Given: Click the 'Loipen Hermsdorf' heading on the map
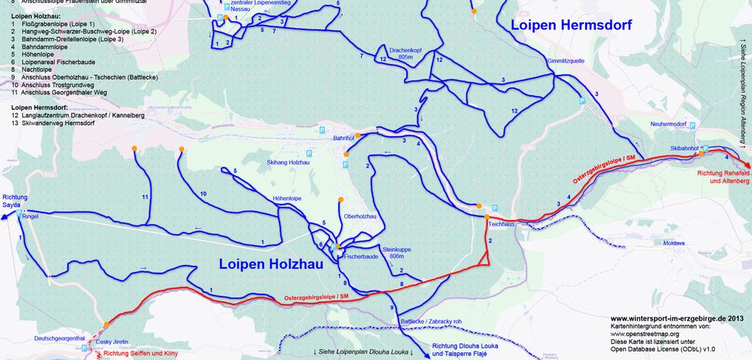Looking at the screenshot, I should (x=571, y=25).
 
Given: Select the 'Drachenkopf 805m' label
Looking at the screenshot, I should (x=405, y=53).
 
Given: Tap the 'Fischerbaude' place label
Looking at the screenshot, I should (x=361, y=256).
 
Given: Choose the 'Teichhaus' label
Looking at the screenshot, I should (x=501, y=224).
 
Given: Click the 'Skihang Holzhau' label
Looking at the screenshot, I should (x=288, y=163).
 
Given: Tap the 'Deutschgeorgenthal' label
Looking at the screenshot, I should (x=59, y=338).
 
